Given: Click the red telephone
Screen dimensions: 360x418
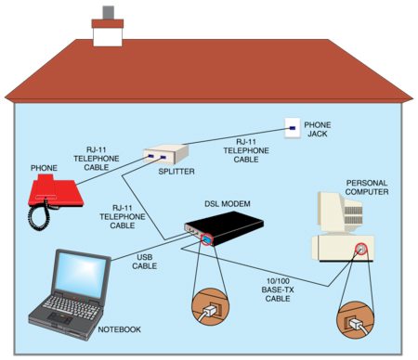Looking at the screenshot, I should click(58, 191).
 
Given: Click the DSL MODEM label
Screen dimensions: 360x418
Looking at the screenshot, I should click(227, 203).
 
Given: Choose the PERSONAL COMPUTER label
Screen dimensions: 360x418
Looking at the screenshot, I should click(368, 187).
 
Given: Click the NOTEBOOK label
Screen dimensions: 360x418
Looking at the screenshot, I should click(120, 329).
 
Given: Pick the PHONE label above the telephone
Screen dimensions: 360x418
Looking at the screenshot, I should click(43, 168).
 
